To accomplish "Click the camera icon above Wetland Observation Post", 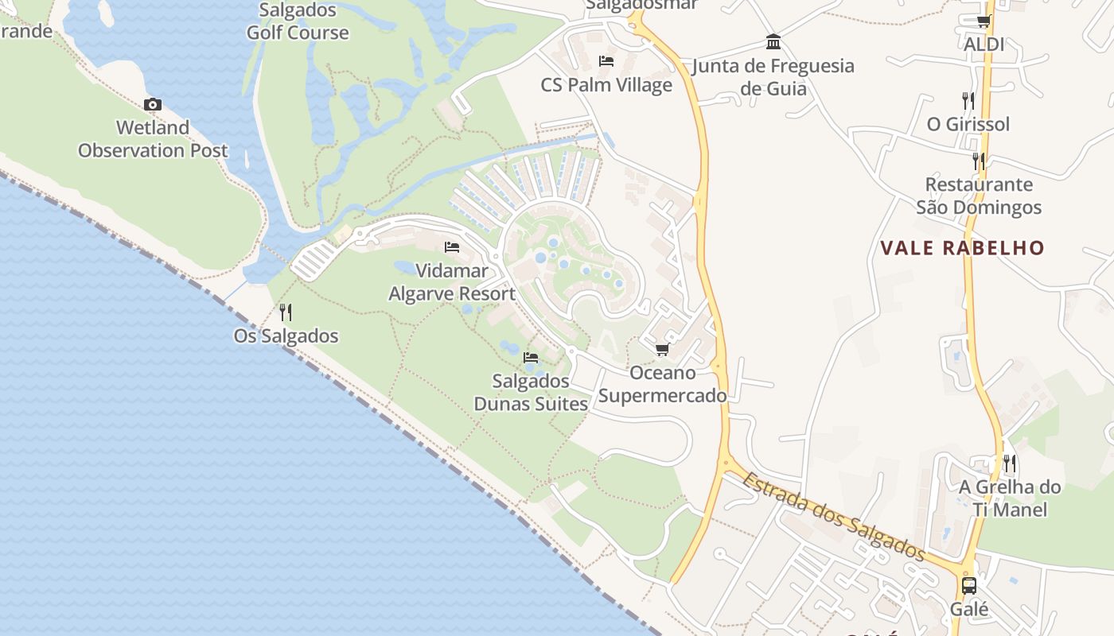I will (x=153, y=104).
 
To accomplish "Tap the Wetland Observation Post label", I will (x=153, y=139).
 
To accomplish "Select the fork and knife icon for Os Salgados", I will (x=286, y=312).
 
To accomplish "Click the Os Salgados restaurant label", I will (x=286, y=336).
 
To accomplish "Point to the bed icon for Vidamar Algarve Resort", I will (x=452, y=247).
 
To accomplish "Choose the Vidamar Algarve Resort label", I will (x=452, y=282).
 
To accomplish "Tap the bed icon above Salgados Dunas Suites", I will (x=531, y=358).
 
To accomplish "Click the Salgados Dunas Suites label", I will (x=531, y=393).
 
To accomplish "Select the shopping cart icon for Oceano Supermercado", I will (x=662, y=350).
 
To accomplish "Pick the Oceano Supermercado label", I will (x=662, y=384).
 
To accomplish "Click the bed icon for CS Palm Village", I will (x=606, y=61).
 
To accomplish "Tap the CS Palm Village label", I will (x=606, y=85).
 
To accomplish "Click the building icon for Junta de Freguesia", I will (x=773, y=41).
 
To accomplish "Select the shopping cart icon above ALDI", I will (x=984, y=21).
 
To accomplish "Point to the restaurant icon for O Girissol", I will (x=968, y=100).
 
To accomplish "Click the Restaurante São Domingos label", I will (x=979, y=196).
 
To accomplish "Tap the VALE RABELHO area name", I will (x=962, y=247).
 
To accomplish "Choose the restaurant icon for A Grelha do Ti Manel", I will (x=1009, y=463).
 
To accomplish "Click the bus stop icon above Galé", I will (x=968, y=586).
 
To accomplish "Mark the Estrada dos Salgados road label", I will (x=835, y=516).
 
